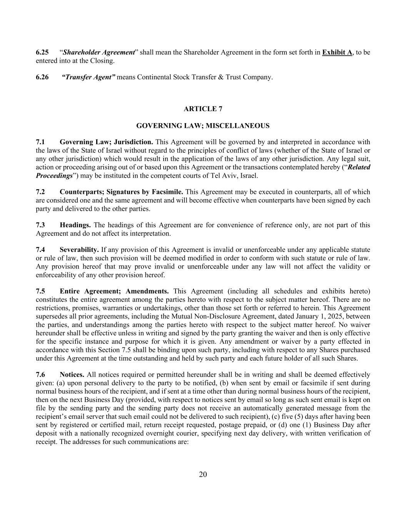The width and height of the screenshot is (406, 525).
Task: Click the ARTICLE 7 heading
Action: [203, 109]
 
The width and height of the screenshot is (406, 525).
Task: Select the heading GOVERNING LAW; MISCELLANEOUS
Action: [203, 126]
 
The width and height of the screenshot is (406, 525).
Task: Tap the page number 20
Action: [203, 474]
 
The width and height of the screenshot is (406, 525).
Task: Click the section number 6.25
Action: [42, 52]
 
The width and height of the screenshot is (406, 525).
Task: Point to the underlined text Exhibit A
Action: [337, 52]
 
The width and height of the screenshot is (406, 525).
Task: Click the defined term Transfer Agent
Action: [89, 77]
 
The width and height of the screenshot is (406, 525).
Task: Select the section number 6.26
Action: [42, 77]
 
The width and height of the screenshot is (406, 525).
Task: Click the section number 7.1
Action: [40, 142]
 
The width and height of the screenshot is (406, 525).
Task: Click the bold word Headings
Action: [75, 225]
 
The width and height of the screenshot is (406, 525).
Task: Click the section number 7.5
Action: [40, 292]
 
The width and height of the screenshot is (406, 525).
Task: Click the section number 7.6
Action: [40, 375]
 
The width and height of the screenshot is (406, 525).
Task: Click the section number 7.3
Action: [40, 225]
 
